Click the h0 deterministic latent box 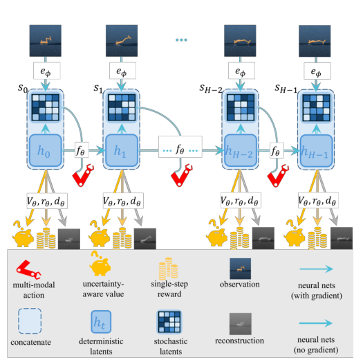46,150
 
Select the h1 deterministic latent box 122,150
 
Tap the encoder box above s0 47,71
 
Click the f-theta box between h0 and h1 82,150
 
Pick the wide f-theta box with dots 180,147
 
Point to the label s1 98,88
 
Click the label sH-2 211,89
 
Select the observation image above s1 122,41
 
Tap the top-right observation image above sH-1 315,41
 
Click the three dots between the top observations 181,40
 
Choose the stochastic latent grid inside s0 46,107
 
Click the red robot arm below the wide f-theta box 181,175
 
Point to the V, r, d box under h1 123,201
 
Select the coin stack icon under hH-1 317,238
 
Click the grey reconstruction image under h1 145,239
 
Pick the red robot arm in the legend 28,269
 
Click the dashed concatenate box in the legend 30,321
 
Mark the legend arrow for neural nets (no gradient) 316,323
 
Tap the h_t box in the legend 101,322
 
